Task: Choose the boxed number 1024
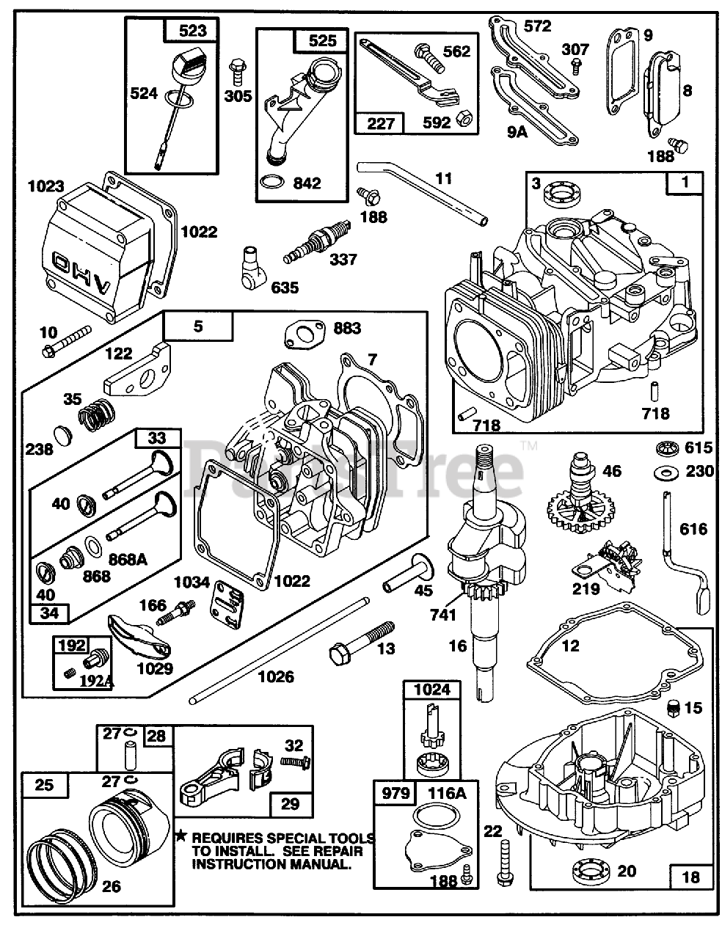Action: point(432,690)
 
